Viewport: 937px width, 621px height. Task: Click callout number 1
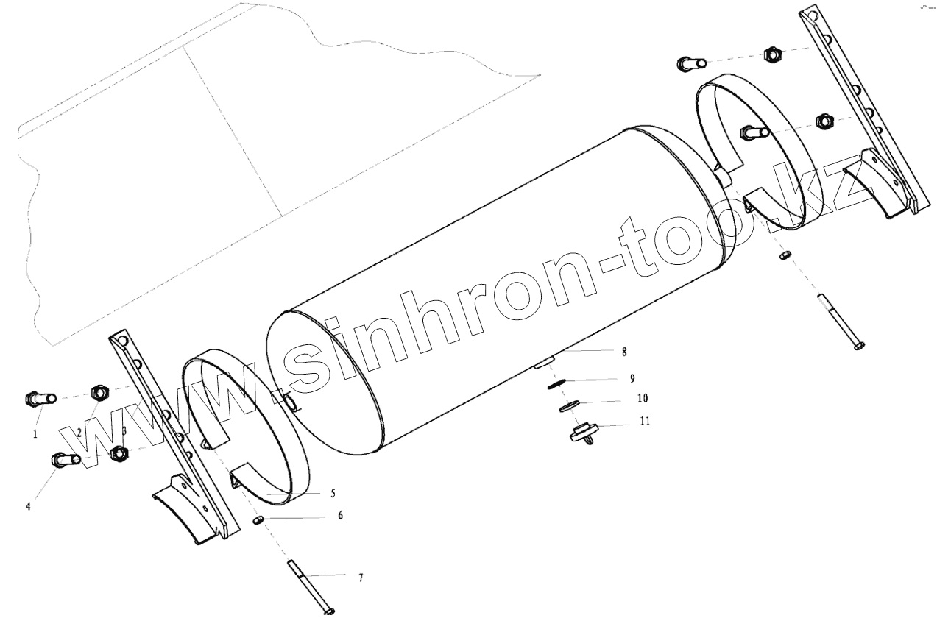(35, 434)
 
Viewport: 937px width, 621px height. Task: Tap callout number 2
(79, 433)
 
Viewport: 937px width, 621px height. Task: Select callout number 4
(29, 506)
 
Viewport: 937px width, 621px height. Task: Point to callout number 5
(333, 494)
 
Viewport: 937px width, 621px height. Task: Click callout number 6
(341, 515)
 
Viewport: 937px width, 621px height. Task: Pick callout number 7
(361, 578)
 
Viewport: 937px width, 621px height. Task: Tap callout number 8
(624, 352)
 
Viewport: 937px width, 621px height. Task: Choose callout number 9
(632, 378)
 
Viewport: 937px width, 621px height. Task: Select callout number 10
(643, 398)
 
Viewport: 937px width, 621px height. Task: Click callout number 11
(645, 421)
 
